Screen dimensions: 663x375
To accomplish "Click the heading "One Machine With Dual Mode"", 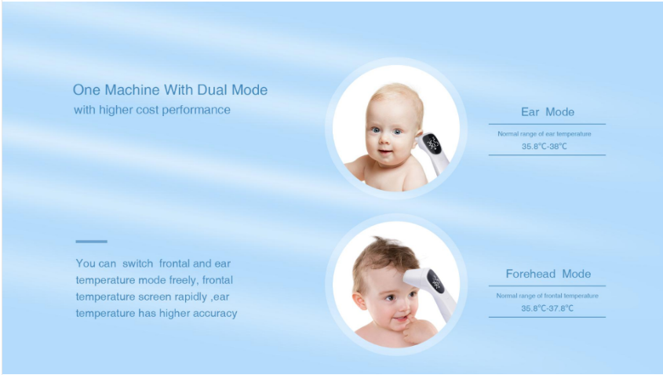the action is tap(170, 89).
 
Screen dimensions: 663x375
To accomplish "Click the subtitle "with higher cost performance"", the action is tap(152, 110).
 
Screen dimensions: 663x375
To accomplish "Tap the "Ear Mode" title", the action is tap(548, 112).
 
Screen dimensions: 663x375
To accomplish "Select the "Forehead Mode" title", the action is tap(548, 274).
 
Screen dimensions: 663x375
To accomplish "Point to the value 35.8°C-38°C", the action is tap(545, 146).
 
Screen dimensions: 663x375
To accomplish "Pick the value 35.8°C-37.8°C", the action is tap(547, 308).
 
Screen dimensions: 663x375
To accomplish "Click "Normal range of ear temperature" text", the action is tap(545, 134).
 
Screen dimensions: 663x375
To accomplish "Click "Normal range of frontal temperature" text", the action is tap(547, 296).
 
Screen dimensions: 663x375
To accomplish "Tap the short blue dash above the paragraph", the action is tap(91, 242).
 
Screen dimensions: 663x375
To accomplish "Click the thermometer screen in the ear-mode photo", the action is tap(432, 144).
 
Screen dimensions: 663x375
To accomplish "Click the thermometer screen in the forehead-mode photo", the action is tap(435, 282).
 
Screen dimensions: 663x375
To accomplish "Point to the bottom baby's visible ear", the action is tap(359, 301).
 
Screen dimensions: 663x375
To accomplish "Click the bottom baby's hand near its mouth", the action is tap(417, 329).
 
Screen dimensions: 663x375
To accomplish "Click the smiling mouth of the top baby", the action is tap(385, 151).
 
